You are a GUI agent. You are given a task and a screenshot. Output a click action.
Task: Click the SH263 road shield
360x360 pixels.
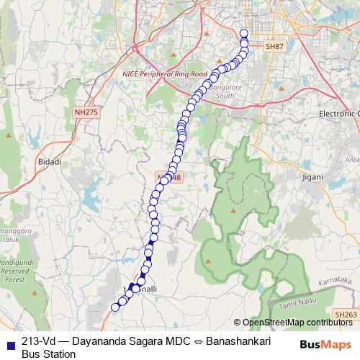tap(348, 314)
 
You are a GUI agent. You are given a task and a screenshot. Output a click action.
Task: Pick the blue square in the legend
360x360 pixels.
tap(11, 341)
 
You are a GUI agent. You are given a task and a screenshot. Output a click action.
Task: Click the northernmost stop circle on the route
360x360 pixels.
tap(243, 32)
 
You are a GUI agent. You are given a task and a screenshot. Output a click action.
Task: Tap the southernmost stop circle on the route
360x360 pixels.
tap(114, 307)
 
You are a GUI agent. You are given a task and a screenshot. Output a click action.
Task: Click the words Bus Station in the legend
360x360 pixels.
tap(48, 354)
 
